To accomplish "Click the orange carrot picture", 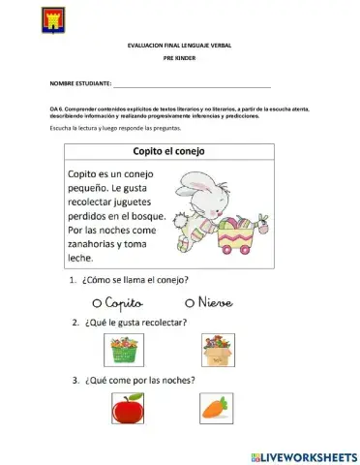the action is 213,409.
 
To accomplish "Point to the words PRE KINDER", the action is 180,60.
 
